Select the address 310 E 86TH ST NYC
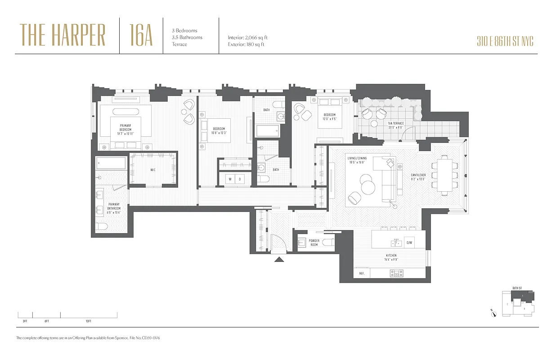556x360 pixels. pos(505,42)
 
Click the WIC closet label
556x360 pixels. pos(153,170)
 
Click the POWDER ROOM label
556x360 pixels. pos(314,243)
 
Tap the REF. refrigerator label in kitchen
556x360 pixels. pos(361,273)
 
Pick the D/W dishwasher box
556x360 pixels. pos(409,243)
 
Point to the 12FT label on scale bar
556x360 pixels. pos(88,321)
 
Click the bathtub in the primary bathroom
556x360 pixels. pos(111,163)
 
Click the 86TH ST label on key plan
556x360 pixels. pos(517,288)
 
